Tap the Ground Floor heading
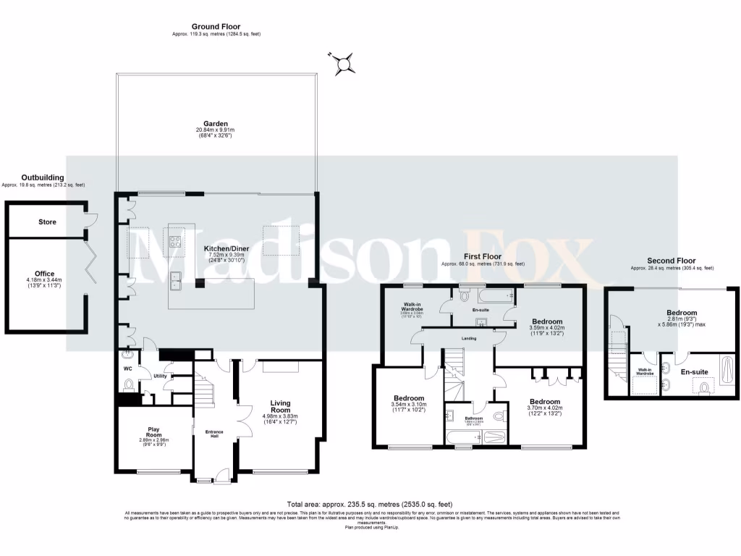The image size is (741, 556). pos(216,27)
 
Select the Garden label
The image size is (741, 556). pos(216,124)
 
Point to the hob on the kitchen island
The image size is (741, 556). pos(175,243)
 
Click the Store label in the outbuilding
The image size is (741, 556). pos(47,222)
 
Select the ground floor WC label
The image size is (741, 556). pos(128,368)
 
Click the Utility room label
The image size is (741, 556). pos(160,376)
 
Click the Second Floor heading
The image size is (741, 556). pos(672,261)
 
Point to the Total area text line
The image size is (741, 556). pos(370,505)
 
